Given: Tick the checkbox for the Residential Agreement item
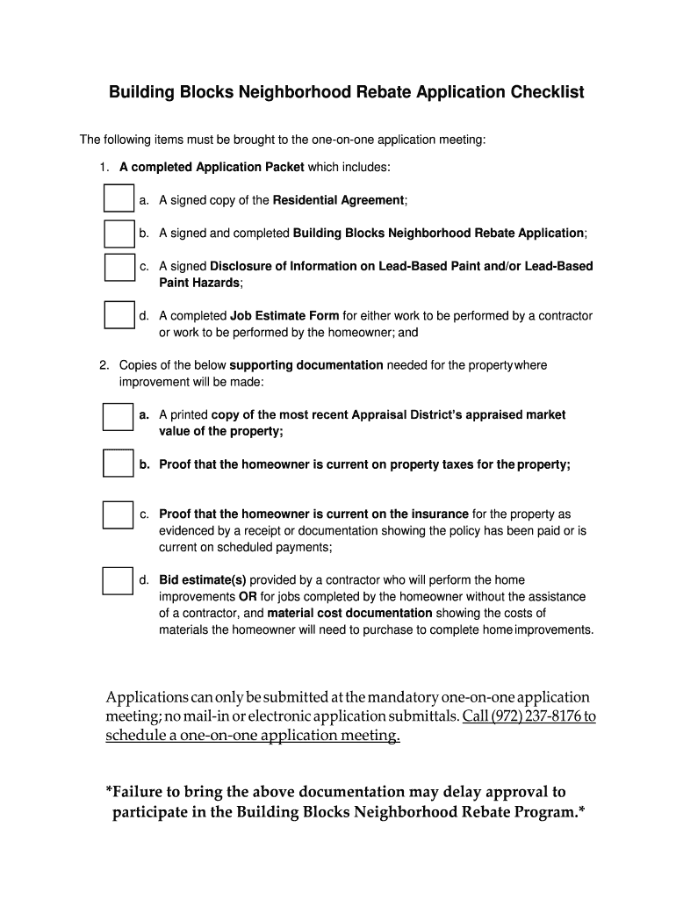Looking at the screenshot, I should [119, 199].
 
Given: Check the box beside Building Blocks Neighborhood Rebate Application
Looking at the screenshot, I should [119, 234].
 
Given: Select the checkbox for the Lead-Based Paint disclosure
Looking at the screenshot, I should [119, 267].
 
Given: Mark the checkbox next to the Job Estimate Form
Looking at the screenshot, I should [119, 315].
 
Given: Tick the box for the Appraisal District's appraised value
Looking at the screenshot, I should [119, 416].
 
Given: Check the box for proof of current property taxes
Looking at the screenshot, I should [119, 463].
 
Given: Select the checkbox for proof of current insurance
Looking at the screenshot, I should [119, 514].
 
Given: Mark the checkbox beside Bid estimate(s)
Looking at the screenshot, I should [119, 580].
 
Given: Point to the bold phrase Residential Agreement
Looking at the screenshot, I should [338, 200].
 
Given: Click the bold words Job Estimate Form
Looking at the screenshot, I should [284, 316].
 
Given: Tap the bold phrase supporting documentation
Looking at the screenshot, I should [306, 365].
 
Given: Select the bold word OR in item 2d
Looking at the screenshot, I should [248, 597].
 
